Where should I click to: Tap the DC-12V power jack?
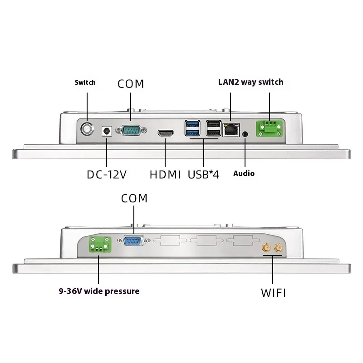pos(107,131)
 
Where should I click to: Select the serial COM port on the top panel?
pos(131,131)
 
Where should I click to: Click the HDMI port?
pos(166,133)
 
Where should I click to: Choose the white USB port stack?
pos(213,128)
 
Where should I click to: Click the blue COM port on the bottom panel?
pos(134,240)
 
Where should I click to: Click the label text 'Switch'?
pos(85,83)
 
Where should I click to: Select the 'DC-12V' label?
pos(106,174)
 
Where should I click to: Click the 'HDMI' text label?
pos(165,174)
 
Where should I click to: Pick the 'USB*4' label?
pos(203,174)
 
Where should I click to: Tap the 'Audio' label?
pos(244,173)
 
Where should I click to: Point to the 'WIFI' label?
pos(273,293)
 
